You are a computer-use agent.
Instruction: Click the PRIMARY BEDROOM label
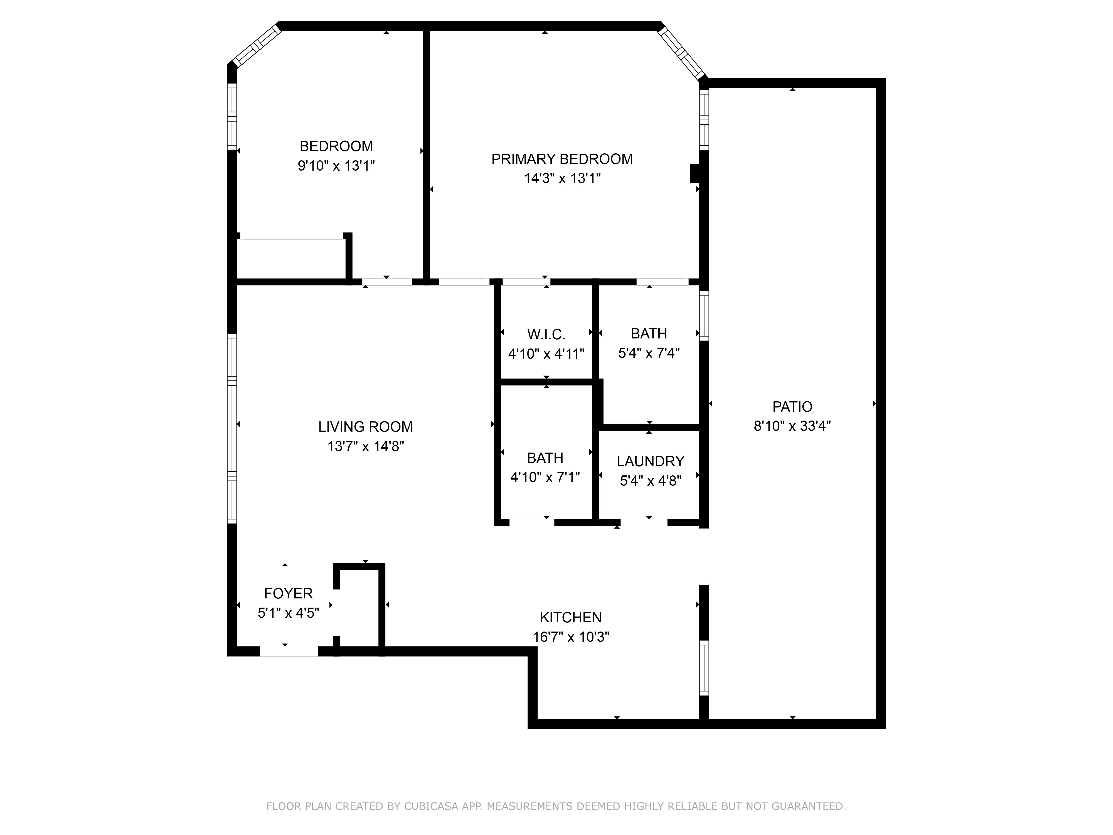(x=562, y=159)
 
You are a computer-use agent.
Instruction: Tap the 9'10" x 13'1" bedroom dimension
(x=336, y=166)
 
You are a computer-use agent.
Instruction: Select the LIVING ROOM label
(x=365, y=427)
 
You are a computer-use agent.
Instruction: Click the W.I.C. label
(x=546, y=334)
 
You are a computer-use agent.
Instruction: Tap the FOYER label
(x=288, y=593)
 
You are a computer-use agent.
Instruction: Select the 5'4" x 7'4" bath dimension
(x=649, y=353)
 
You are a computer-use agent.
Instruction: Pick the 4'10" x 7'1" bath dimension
(x=545, y=477)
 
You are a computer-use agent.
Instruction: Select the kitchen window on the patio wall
(x=704, y=667)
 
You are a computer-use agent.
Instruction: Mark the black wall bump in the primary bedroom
(x=695, y=173)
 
